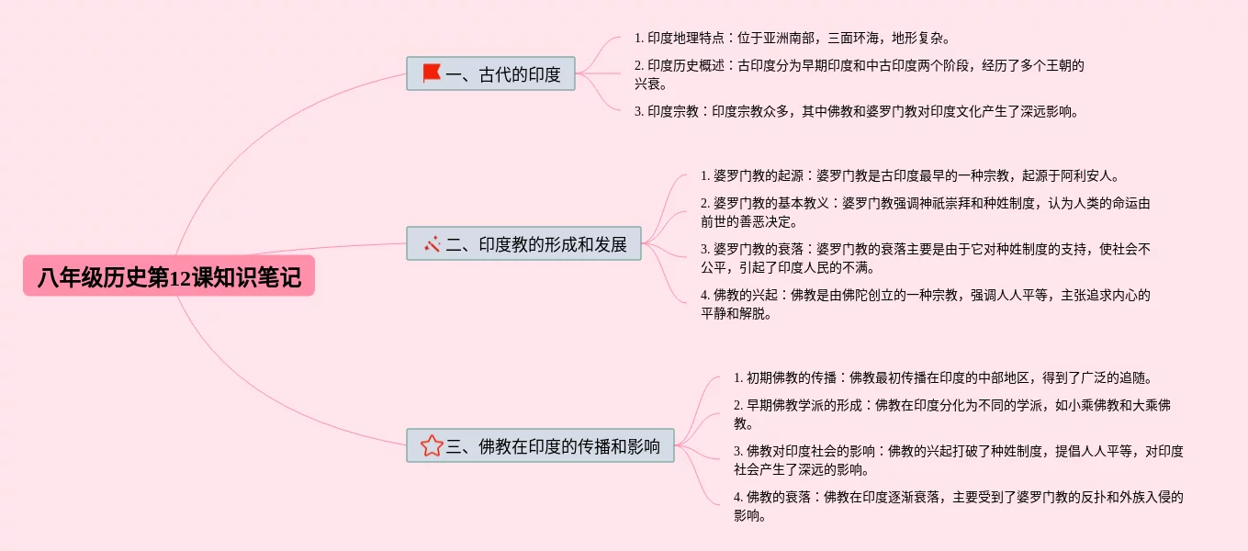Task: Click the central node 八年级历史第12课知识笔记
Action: coord(169,276)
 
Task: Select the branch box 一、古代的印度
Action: coord(490,74)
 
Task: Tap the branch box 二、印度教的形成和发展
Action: coord(523,244)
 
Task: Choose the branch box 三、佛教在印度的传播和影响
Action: coord(540,446)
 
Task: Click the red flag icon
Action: coord(432,73)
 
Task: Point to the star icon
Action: coord(432,446)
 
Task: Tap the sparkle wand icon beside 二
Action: coord(433,244)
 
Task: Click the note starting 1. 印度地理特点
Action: coord(792,39)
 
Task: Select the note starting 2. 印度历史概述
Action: coord(859,74)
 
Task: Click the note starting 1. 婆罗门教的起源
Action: coord(910,175)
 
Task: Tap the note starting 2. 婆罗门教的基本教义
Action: coord(924,212)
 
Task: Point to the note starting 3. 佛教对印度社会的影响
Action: coord(958,460)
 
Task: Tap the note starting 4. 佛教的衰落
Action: coord(958,506)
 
